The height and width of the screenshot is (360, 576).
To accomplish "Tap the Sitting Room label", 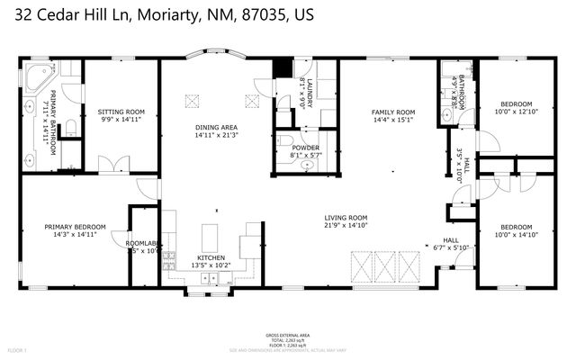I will coord(121,112).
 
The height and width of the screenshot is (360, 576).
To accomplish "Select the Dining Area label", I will coord(217,128).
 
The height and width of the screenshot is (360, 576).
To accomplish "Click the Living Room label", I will coord(346,217).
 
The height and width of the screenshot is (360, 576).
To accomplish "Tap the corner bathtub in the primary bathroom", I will coord(38,77).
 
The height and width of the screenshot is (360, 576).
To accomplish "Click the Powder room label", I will coord(305,148).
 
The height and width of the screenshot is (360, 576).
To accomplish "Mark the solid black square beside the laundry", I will coord(283,68).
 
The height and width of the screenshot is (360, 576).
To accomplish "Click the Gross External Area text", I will coord(287,333).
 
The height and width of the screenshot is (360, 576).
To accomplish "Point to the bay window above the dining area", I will coord(217,56).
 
